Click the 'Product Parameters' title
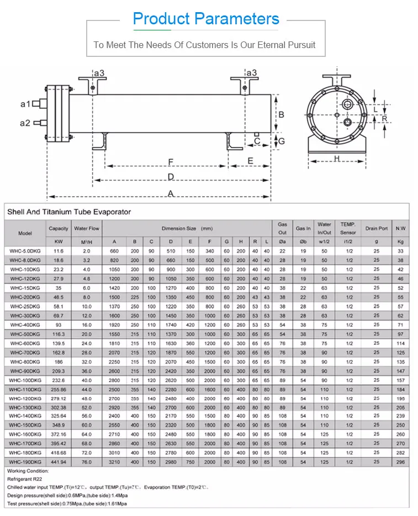click(x=206, y=19)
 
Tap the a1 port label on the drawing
click(x=25, y=104)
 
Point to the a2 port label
click(x=25, y=123)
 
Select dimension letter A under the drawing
click(x=171, y=193)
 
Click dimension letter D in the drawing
click(x=171, y=177)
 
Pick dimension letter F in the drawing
click(x=171, y=162)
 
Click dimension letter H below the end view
click(x=336, y=159)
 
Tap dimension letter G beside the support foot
click(x=281, y=141)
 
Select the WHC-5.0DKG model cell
click(x=25, y=251)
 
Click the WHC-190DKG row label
click(x=25, y=461)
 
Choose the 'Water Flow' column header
click(x=87, y=228)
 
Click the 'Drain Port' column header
click(x=376, y=228)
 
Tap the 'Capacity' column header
click(x=59, y=228)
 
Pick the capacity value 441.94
click(x=59, y=461)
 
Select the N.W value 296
click(x=400, y=461)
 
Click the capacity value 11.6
click(x=59, y=251)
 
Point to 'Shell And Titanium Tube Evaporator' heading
click(x=69, y=212)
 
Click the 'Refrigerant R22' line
click(x=25, y=479)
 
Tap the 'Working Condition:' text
click(x=28, y=471)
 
